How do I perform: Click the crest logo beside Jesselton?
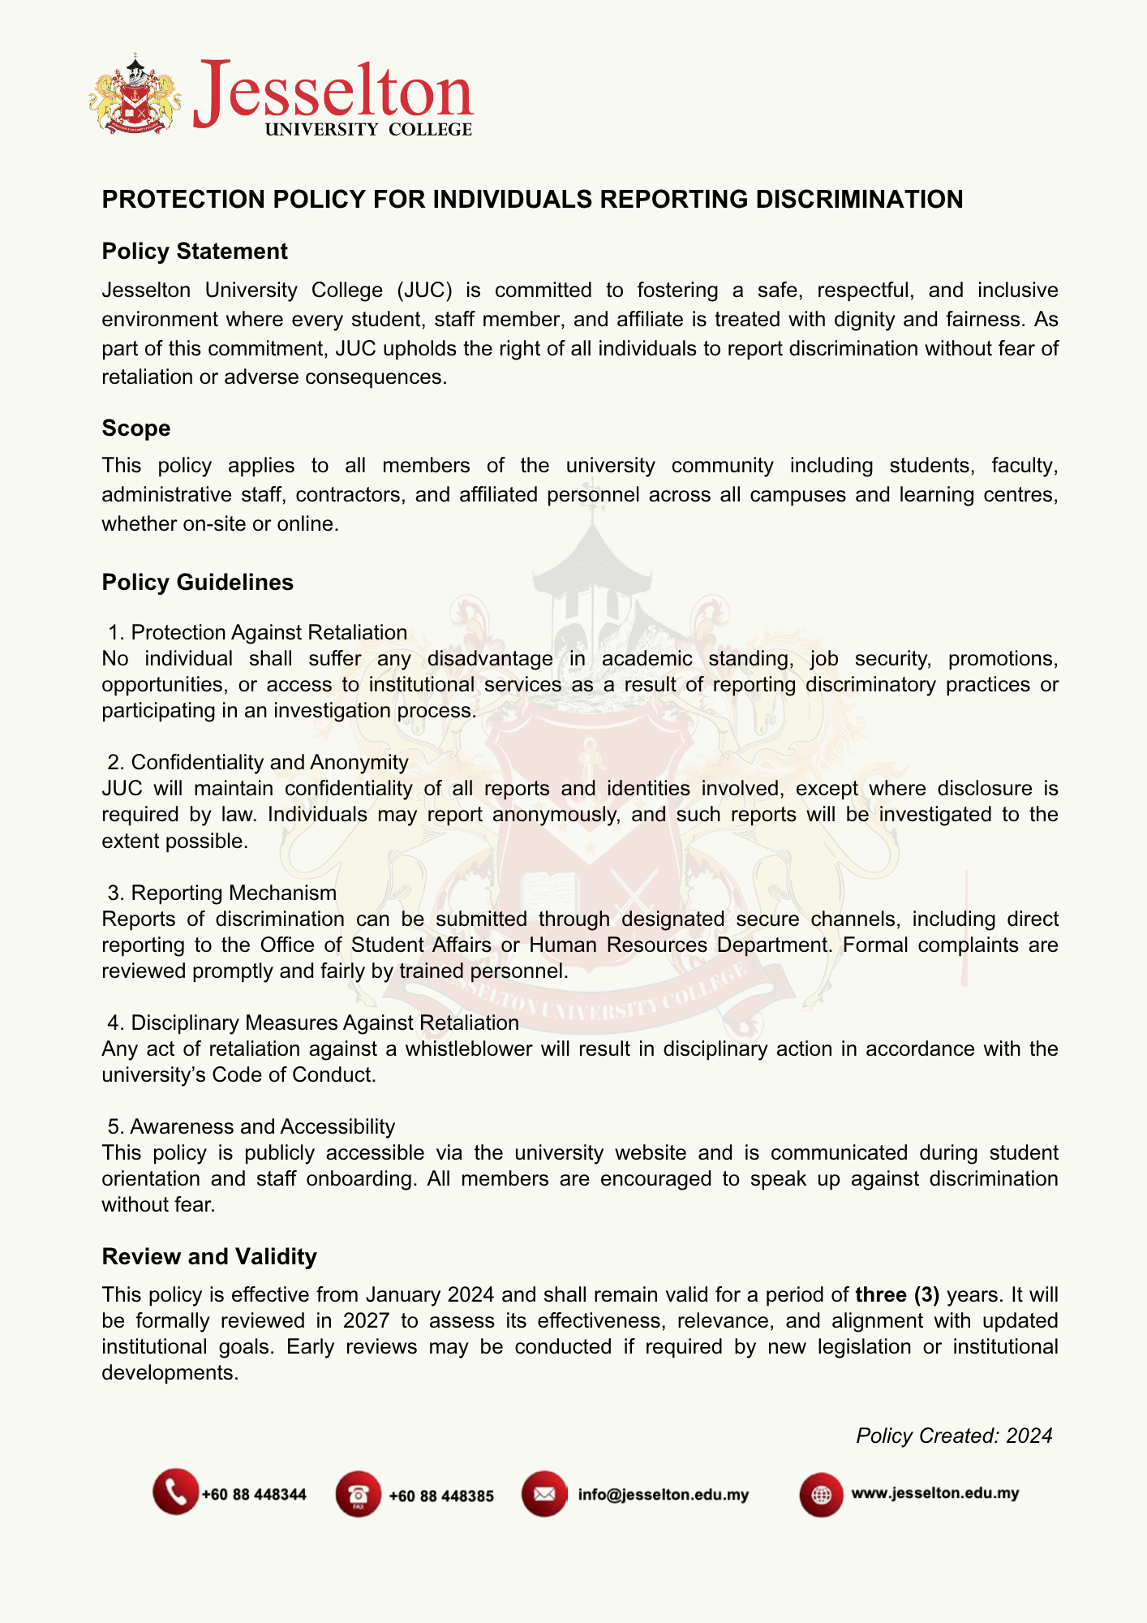tap(134, 95)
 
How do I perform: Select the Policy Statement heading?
tap(195, 252)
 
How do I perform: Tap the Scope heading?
tap(136, 428)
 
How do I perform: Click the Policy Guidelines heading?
tap(198, 583)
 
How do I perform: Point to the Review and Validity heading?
tap(209, 1256)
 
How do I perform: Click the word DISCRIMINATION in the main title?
tap(859, 200)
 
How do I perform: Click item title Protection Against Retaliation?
tap(268, 632)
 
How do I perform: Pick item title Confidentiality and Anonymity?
tap(269, 762)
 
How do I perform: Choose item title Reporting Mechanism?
tap(234, 893)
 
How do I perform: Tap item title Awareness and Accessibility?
tap(262, 1126)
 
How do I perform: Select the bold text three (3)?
tap(897, 1294)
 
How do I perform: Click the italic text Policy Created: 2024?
tap(954, 1436)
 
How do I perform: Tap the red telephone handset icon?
tap(175, 1492)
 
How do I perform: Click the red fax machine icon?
tap(358, 1494)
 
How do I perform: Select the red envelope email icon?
tap(544, 1493)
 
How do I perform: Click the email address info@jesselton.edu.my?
tap(663, 1495)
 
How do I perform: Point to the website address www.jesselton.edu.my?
tap(934, 1493)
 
